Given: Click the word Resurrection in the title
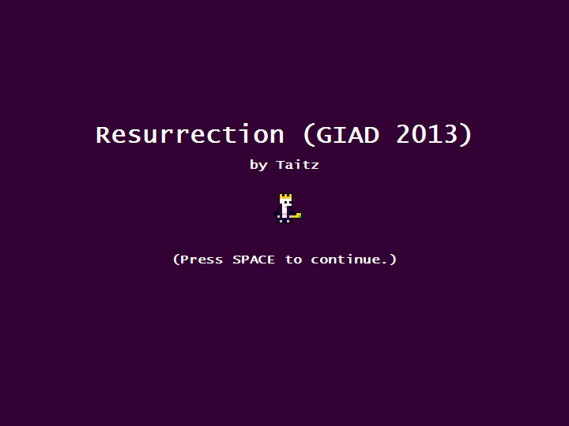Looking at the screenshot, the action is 190,134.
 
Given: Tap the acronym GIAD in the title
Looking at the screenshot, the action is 347,135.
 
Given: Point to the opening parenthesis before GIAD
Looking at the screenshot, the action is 308,135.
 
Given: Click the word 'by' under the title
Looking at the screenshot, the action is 258,165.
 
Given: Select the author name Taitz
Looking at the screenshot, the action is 298,165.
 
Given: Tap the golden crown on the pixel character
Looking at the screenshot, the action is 285,196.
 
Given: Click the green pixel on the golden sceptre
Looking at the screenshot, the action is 300,215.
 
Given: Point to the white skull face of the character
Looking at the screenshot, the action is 285,203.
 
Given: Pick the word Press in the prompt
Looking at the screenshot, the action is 202,260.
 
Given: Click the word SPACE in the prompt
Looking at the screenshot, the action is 254,260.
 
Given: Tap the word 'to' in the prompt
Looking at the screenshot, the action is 293,260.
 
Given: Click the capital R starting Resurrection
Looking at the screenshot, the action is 103,135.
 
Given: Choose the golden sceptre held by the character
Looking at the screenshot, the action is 296,216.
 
